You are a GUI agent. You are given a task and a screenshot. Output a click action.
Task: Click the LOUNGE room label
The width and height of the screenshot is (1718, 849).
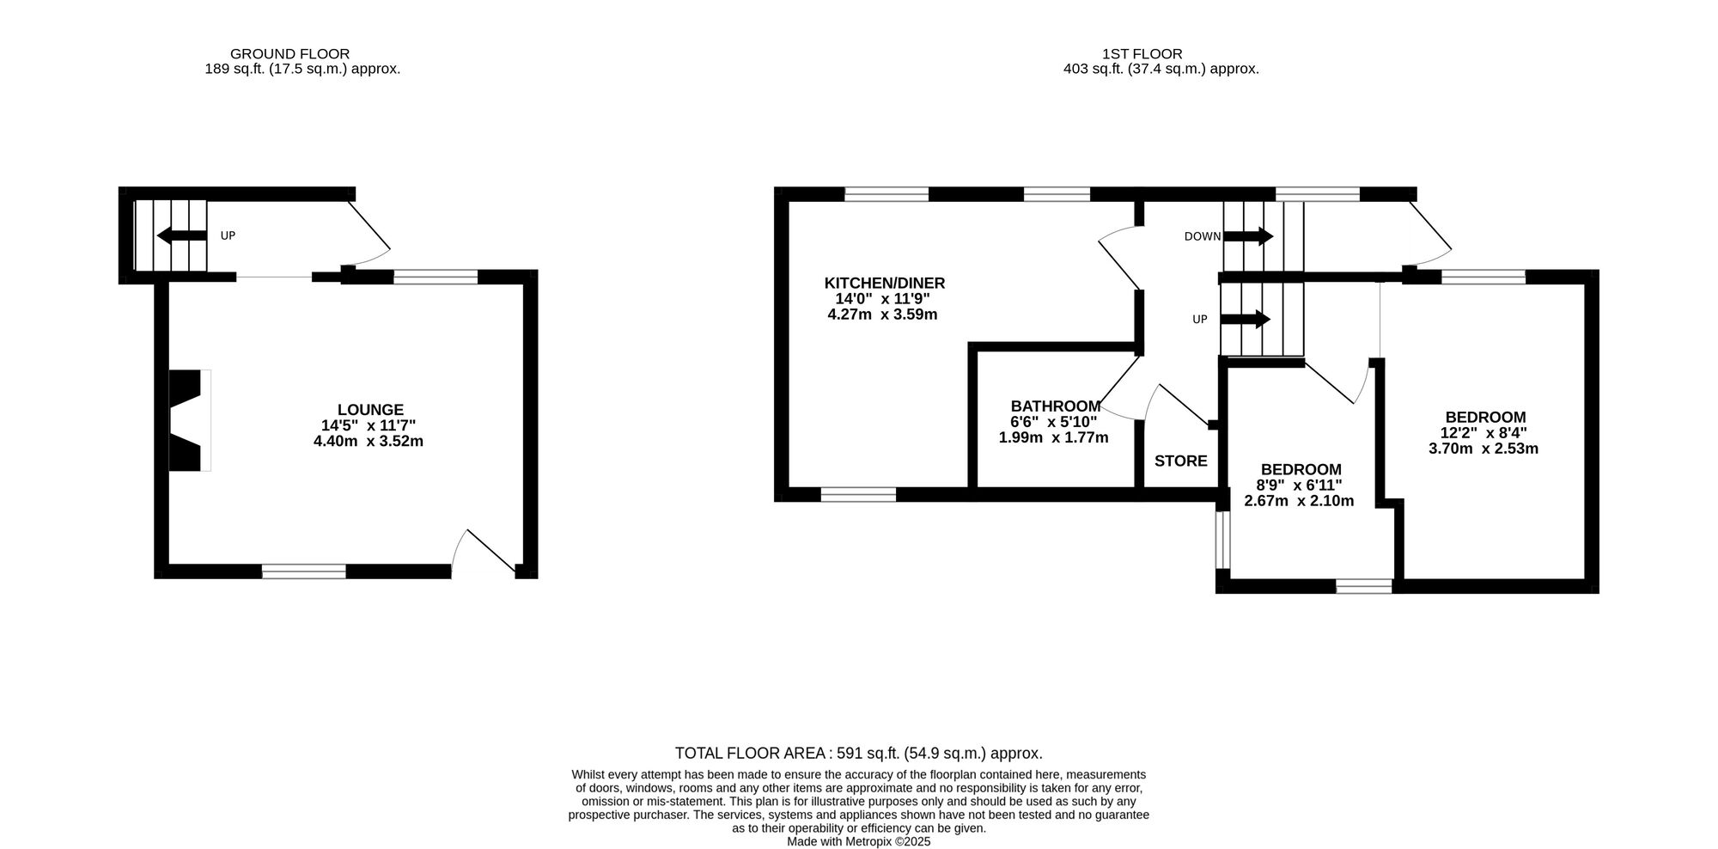[370, 410]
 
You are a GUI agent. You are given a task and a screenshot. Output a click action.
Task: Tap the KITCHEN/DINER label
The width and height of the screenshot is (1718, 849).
[884, 284]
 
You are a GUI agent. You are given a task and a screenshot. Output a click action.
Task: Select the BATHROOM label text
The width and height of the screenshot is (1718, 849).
[1055, 406]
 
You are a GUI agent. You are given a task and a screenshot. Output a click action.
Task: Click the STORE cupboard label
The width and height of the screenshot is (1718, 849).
[1180, 461]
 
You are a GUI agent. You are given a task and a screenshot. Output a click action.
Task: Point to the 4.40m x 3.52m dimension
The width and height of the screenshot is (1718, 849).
[369, 442]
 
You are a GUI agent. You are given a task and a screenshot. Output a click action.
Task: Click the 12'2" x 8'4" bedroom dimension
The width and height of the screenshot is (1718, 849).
[1484, 433]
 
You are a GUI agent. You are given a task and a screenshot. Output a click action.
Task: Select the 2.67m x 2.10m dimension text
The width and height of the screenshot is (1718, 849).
[1299, 501]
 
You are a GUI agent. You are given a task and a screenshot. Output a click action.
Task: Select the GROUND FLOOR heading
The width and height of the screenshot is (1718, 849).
[289, 54]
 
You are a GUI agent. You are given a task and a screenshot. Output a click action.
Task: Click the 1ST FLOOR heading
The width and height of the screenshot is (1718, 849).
[1142, 54]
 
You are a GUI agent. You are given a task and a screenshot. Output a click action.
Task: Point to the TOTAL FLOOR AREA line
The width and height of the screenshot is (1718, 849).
[858, 754]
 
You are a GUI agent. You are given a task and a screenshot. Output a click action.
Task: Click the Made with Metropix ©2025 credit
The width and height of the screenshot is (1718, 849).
[858, 842]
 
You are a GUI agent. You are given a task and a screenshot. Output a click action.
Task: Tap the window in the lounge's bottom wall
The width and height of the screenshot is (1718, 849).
[304, 571]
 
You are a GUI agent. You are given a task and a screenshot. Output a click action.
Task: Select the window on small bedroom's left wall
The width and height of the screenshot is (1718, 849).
[1222, 541]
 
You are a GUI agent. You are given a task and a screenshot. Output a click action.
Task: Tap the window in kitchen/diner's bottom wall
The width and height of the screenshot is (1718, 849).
[858, 494]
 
